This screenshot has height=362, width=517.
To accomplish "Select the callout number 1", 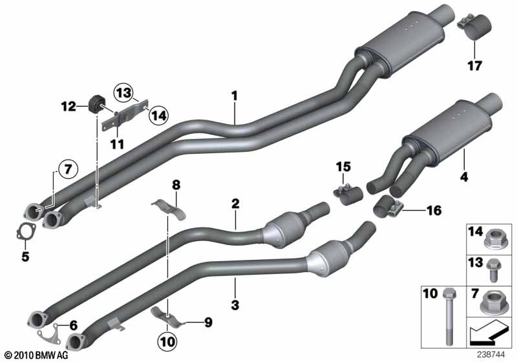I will coord(235,96).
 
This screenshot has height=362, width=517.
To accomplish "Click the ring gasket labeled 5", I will coord(24,231).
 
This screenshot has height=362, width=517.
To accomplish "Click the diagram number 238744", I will coord(496,354).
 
